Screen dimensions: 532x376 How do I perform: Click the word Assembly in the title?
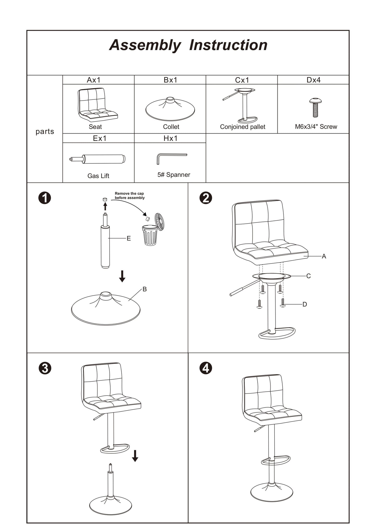145,45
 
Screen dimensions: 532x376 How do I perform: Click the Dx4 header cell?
313,80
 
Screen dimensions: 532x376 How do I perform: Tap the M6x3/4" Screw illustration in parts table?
315,108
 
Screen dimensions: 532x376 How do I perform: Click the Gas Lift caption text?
98,176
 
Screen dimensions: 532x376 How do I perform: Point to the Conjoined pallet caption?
243,127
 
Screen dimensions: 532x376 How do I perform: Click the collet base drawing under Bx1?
170,109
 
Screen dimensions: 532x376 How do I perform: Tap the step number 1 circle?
45,198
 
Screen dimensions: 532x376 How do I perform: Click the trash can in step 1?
150,235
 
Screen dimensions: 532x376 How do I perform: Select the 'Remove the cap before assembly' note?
130,196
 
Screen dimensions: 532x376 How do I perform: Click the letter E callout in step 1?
129,238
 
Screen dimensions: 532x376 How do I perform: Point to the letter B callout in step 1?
145,289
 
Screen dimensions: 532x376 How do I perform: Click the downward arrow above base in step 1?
122,276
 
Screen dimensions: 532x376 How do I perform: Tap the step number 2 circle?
206,198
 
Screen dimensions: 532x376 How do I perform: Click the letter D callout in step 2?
305,304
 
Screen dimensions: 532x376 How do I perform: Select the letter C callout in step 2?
308,276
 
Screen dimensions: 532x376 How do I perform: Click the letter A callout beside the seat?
324,256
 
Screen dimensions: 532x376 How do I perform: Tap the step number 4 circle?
206,368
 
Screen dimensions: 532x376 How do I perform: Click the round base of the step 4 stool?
272,492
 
